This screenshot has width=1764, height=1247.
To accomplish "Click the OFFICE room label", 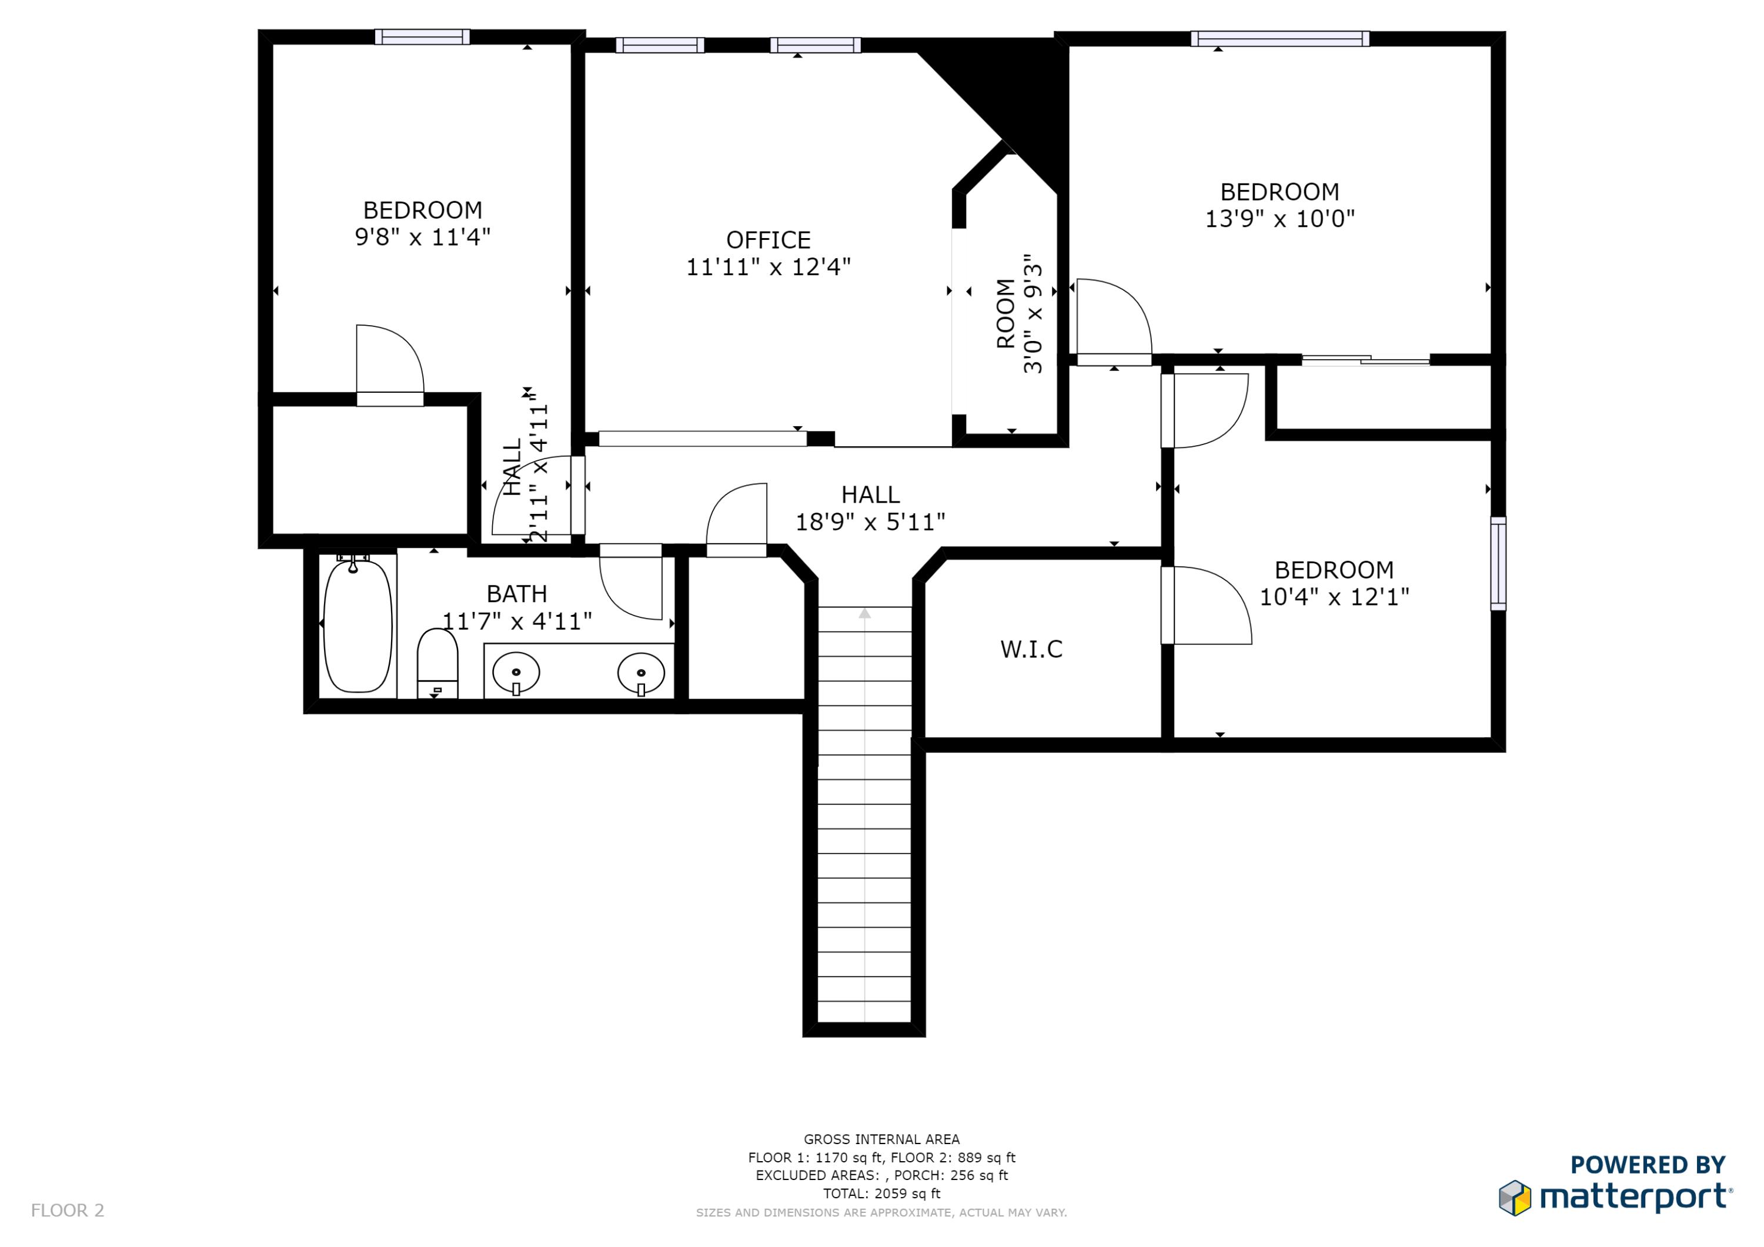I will pyautogui.click(x=769, y=240).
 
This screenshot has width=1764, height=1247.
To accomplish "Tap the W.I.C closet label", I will pyautogui.click(x=1031, y=649).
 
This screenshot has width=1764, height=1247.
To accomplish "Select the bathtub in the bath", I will pyautogui.click(x=358, y=626).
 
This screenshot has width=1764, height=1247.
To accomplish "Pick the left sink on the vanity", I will pyautogui.click(x=516, y=673).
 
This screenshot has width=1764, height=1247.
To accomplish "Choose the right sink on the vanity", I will pyautogui.click(x=641, y=674).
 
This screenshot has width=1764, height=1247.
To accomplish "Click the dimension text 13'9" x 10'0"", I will pyautogui.click(x=1279, y=219).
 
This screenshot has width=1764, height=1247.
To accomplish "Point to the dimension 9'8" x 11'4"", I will pyautogui.click(x=423, y=237).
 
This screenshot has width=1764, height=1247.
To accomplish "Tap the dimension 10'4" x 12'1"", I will pyautogui.click(x=1335, y=597).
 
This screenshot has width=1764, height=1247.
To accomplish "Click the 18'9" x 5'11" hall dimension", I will pyautogui.click(x=870, y=523).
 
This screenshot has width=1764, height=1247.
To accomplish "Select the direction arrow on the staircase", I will pyautogui.click(x=865, y=613).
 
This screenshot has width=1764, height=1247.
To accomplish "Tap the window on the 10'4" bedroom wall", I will pyautogui.click(x=1498, y=563).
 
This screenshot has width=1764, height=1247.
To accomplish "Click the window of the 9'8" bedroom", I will pyautogui.click(x=422, y=37).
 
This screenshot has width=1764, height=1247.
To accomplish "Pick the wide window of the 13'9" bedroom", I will pyautogui.click(x=1280, y=38).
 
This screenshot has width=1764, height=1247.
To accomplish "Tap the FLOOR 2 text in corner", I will pyautogui.click(x=68, y=1210).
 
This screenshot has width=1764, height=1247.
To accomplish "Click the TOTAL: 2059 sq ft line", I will pyautogui.click(x=881, y=1193).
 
